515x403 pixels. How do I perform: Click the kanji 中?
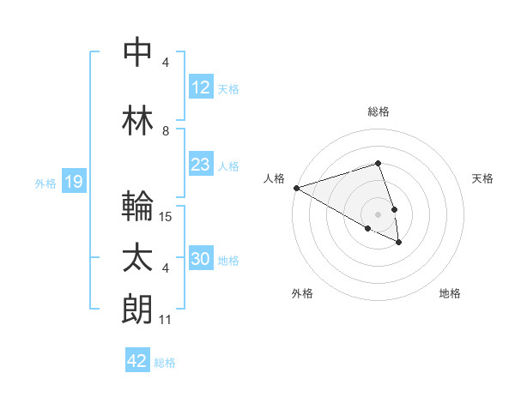[x=138, y=52]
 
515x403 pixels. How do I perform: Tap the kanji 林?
[x=138, y=119]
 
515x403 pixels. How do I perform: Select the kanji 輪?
[x=138, y=206]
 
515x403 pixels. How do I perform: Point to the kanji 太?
[x=138, y=258]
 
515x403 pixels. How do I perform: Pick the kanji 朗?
[x=138, y=310]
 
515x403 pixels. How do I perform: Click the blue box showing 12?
[x=200, y=87]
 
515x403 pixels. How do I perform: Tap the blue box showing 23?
[x=200, y=165]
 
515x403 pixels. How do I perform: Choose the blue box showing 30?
[x=200, y=259]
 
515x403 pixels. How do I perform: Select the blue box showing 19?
[x=73, y=182]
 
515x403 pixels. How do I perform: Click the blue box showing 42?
[x=137, y=361]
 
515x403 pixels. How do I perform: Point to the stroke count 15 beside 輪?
[x=166, y=217]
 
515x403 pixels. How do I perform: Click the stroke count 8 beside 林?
[x=166, y=131]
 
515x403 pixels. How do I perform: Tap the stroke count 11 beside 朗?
[x=166, y=320]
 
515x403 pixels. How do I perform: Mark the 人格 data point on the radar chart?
[x=296, y=188]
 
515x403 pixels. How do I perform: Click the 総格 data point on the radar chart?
[x=378, y=163]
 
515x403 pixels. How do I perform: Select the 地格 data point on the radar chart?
[x=399, y=243]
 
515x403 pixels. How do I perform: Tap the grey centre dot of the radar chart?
[x=378, y=214]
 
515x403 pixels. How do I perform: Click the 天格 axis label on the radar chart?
[x=483, y=178]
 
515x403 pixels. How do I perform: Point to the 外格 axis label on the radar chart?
[x=302, y=293]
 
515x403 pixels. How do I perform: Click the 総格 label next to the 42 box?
[x=165, y=362]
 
